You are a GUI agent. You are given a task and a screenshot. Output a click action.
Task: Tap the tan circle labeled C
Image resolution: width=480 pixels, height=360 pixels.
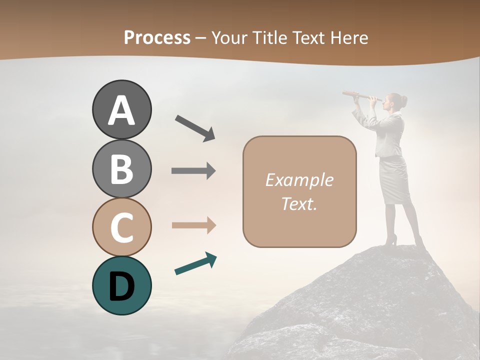coord(121,227)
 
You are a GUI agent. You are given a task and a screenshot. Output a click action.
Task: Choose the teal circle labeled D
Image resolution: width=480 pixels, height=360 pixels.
coord(121,285)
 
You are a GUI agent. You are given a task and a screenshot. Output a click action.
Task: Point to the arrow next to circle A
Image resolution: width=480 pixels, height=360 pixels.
coord(195,127)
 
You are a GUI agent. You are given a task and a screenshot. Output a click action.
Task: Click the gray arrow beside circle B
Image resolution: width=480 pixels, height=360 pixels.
coord(193,171)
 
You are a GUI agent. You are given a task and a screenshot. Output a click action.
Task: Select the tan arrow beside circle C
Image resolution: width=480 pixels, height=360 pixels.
coord(193,225)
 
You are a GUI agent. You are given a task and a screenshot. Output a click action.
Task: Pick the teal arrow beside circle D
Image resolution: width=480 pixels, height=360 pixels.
coord(195,264)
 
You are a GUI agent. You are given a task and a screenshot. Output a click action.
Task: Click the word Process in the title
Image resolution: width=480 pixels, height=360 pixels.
coord(157,37)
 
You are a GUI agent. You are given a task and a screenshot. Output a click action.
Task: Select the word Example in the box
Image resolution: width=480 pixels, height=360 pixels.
coord(299,180)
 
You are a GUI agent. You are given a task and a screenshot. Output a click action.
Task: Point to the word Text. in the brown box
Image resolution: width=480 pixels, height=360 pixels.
coord(299,203)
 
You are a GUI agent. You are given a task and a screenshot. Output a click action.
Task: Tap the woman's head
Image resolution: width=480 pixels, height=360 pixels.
coord(394,101)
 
